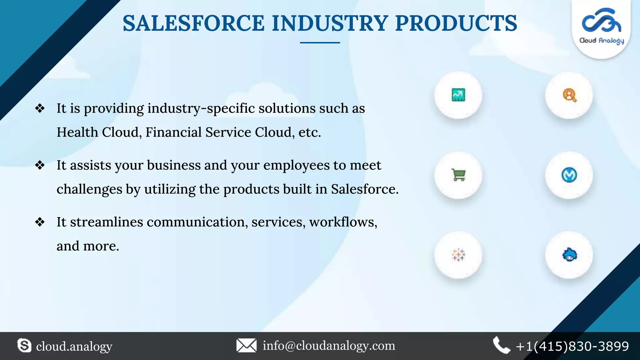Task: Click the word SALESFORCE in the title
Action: click(194, 23)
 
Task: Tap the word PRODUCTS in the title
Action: click(456, 23)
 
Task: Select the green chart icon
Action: click(458, 95)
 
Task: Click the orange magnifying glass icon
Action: click(569, 95)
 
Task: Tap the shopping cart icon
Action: click(458, 175)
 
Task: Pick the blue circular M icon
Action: click(569, 175)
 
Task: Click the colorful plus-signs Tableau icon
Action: click(458, 255)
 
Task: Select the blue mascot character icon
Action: click(569, 255)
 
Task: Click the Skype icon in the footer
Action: click(24, 346)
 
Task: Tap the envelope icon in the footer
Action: click(246, 346)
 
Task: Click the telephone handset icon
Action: click(501, 345)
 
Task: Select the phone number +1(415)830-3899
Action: click(572, 346)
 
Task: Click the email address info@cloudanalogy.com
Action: click(329, 346)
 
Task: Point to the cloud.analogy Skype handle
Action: click(74, 346)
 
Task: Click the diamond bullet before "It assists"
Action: click(40, 165)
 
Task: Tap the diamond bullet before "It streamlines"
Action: click(40, 222)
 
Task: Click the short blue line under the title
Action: click(320, 42)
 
